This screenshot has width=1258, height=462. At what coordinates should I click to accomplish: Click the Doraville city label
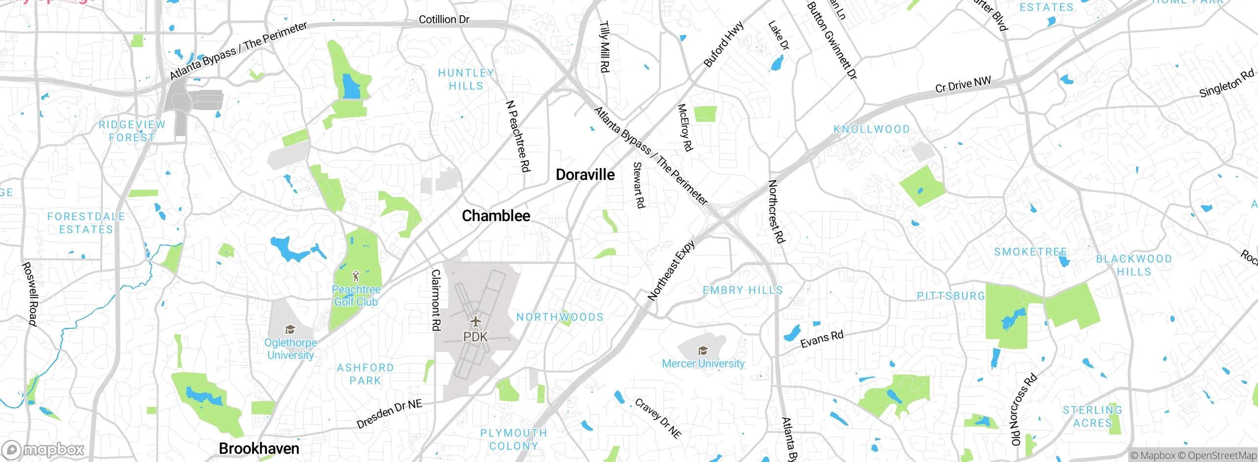coord(585,174)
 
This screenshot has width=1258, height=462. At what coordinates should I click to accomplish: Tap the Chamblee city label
coord(496,216)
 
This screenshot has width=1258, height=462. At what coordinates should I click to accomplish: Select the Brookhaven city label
coord(259,448)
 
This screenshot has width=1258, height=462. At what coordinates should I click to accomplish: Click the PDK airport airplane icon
coord(475,322)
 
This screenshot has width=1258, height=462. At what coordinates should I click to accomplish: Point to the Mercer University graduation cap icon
coord(703,350)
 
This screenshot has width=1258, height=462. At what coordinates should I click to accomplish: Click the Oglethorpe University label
coord(290,348)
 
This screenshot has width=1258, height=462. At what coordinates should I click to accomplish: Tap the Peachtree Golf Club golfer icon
coord(356,276)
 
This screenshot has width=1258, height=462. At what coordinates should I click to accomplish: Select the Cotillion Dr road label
coord(444,20)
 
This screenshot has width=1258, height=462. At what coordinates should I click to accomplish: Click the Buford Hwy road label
coord(723,44)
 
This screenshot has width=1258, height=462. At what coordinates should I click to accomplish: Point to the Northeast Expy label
coord(671,270)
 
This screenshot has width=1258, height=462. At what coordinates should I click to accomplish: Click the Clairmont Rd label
coord(436,300)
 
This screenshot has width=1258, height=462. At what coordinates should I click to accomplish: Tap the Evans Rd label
coord(822,339)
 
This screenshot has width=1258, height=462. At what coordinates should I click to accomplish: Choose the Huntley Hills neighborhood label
coord(466,79)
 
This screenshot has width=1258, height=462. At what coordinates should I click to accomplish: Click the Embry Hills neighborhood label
coord(743,290)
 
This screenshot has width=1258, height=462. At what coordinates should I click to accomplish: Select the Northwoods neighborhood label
coord(560,317)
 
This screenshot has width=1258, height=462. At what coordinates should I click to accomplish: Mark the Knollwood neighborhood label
coord(871,129)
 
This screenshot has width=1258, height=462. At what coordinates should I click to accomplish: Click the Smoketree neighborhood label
coord(1030,252)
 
